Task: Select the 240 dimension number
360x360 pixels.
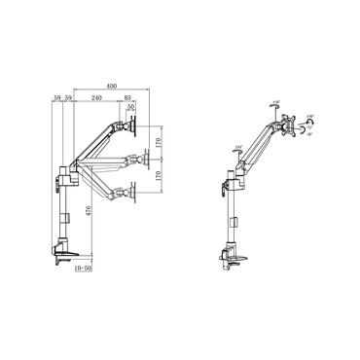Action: [x=97, y=97]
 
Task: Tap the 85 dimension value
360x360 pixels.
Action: [x=128, y=97]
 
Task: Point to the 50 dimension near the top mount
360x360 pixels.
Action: [x=132, y=108]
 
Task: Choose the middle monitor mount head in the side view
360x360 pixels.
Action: [x=127, y=160]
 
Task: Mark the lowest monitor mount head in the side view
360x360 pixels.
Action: [x=127, y=193]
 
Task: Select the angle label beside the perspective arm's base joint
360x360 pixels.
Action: [x=238, y=148]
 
